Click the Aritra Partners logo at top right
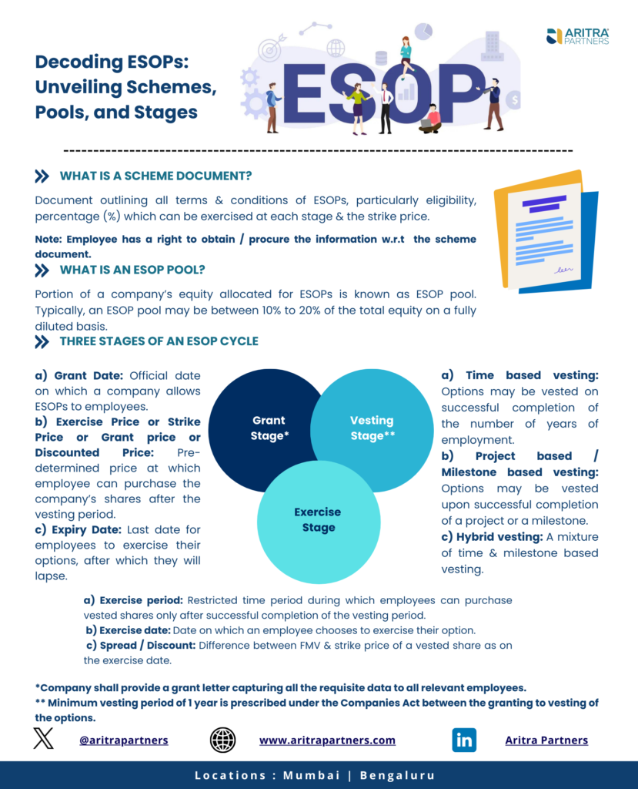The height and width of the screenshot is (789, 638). tap(577, 36)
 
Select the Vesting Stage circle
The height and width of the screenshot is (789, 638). tap(372, 428)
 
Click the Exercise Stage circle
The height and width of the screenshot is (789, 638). tap(318, 520)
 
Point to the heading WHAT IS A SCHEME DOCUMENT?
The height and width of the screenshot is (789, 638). tap(155, 176)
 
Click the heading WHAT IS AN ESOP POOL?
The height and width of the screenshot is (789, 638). tap(132, 270)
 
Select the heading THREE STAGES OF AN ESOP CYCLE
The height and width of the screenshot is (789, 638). tap(159, 341)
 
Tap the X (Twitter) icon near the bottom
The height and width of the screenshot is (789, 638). tap(44, 740)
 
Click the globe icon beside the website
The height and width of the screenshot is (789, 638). tap(222, 740)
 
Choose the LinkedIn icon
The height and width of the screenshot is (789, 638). tap(464, 740)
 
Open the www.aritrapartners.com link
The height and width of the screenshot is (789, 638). tap(327, 740)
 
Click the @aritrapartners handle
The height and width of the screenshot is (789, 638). tap(123, 740)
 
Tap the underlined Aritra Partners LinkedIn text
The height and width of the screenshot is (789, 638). tap(546, 740)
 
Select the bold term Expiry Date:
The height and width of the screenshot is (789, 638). tap(86, 530)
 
